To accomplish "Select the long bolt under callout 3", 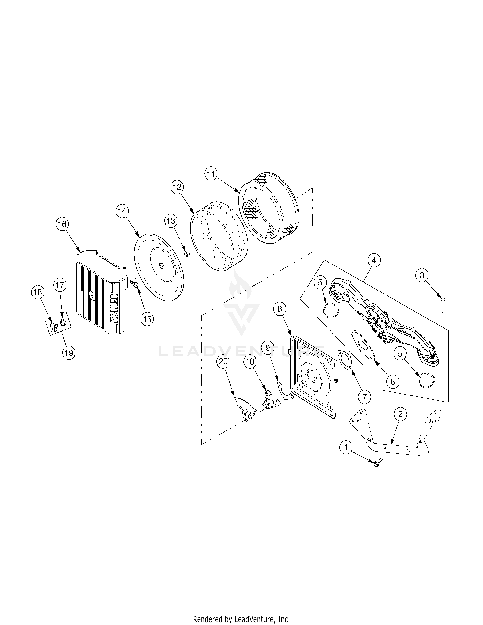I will [442, 306].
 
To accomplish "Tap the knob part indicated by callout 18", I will [53, 327].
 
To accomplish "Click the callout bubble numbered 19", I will [69, 353].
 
